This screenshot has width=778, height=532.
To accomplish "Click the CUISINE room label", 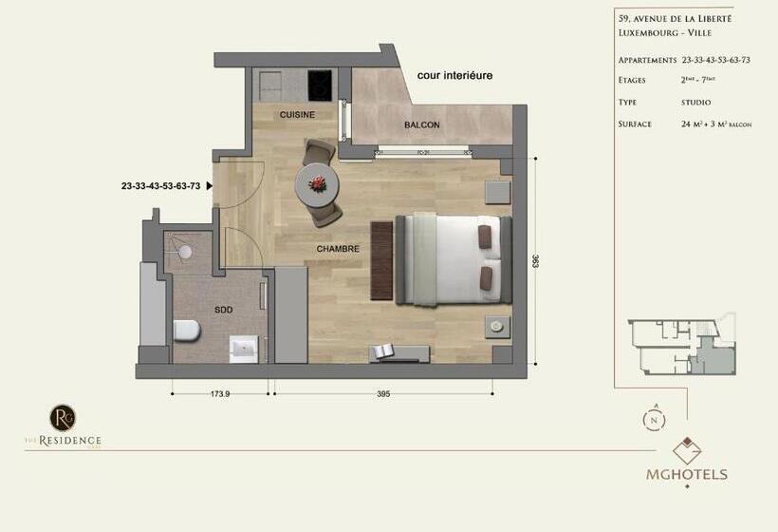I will (297, 115).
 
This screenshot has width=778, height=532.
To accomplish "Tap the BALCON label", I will (421, 124).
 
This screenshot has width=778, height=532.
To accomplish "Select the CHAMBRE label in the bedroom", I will (339, 249).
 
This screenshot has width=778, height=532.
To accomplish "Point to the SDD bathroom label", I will (224, 310).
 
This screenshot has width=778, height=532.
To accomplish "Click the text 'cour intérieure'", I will (454, 75).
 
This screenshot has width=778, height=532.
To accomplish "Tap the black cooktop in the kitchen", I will (321, 85).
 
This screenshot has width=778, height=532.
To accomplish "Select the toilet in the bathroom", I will (188, 331).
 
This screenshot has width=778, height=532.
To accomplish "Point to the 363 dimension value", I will (535, 260).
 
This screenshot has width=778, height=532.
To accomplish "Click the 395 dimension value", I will (384, 394).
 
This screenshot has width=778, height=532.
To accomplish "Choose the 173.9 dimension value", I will (220, 394).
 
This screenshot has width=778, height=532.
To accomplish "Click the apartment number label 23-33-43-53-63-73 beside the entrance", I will (160, 186).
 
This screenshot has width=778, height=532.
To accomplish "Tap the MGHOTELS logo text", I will (688, 474).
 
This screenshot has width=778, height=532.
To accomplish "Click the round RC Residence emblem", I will (63, 417).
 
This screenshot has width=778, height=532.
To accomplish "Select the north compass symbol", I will (654, 418).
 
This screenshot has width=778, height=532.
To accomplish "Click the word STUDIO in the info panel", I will (696, 102).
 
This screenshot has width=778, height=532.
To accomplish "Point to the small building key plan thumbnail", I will (681, 347).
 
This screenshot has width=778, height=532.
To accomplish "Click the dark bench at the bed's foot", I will (381, 260).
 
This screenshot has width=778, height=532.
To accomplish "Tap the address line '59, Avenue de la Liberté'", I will (674, 18).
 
